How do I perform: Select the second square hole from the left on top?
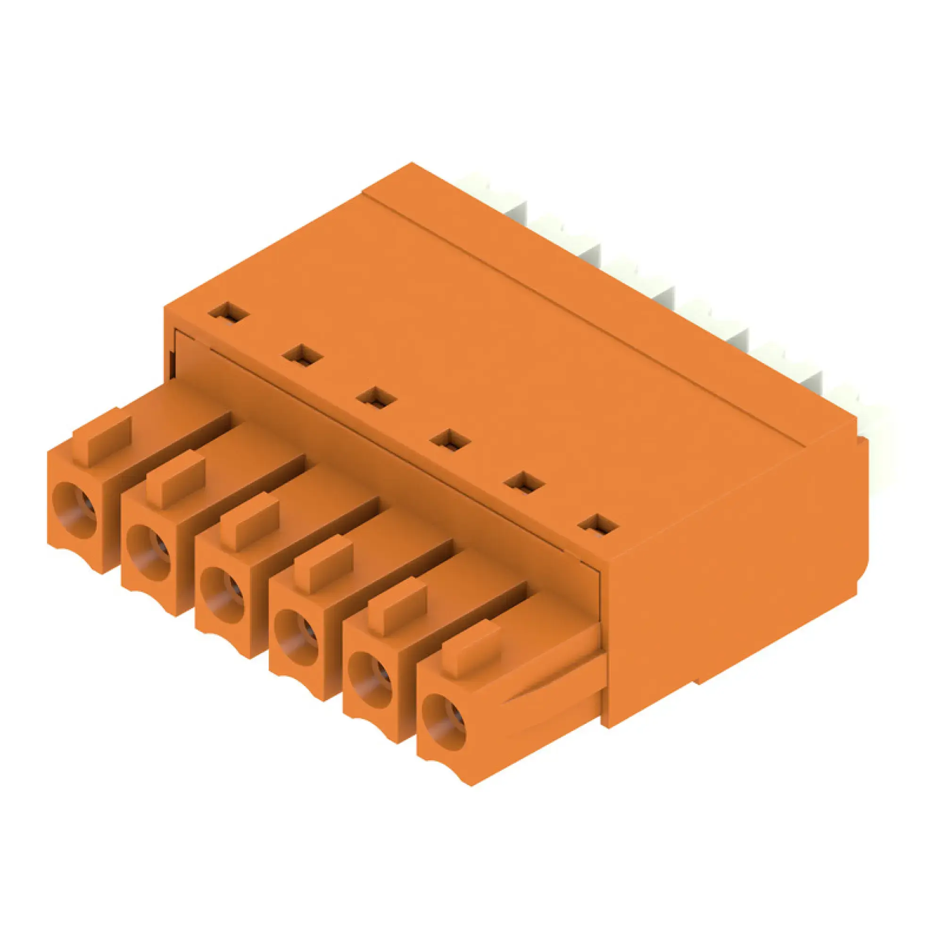coord(303,355)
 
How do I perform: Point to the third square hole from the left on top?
coord(376,397)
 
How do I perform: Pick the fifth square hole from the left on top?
coord(524,483)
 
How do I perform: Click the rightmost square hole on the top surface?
coord(598,526)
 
